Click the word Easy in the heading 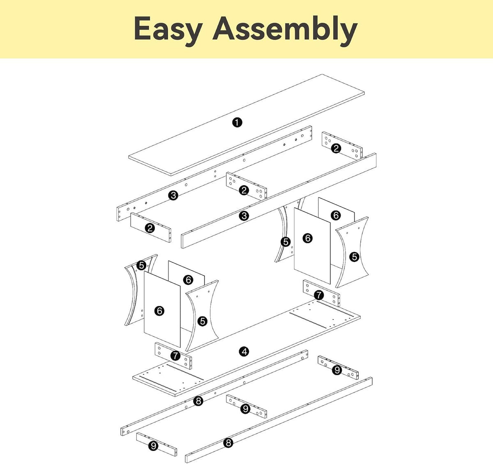click(168, 31)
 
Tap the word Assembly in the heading click(285, 31)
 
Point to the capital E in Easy click(142, 28)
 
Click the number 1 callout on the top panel click(237, 122)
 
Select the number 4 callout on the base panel click(244, 351)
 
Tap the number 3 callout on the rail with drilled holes click(173, 195)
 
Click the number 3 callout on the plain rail click(244, 216)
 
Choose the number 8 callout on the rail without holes click(228, 443)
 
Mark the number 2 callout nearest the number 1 click(244, 190)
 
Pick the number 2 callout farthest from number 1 click(150, 228)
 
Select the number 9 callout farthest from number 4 click(153, 446)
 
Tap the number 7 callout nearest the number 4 click(175, 356)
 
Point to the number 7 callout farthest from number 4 click(319, 295)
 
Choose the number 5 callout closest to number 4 click(203, 322)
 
